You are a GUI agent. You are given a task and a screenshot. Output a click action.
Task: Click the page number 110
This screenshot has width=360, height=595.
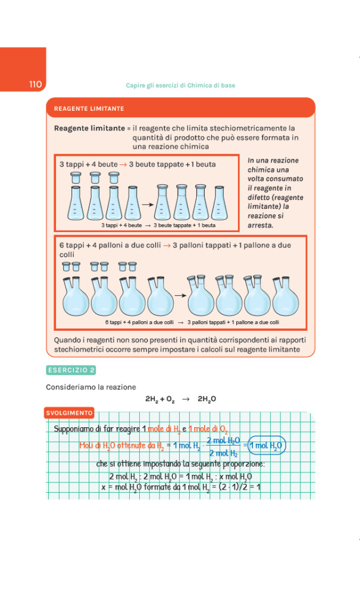[x=35, y=84]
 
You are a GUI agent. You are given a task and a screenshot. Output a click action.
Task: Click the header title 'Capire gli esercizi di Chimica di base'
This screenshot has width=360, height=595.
[x=180, y=86]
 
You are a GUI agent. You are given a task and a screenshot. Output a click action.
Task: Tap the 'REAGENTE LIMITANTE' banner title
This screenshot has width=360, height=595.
[x=89, y=109]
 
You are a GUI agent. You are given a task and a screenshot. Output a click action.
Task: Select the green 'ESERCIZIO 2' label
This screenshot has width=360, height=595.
[x=71, y=370]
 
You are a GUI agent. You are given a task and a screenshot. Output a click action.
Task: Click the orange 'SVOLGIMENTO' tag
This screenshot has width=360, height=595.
[x=69, y=412]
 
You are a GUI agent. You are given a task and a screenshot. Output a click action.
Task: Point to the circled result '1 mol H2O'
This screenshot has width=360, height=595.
[x=267, y=445]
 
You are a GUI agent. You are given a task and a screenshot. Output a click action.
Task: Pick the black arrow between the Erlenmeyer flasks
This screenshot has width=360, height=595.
[x=145, y=204]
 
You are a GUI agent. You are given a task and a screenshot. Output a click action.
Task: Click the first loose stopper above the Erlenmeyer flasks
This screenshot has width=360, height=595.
[x=76, y=177]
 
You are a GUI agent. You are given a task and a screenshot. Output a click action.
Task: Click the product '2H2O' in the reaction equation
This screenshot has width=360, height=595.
[x=206, y=399]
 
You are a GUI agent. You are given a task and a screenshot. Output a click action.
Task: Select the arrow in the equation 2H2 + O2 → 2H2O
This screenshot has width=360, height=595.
[x=185, y=399]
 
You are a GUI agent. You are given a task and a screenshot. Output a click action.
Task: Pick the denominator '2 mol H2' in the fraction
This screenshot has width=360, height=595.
[x=223, y=453]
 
